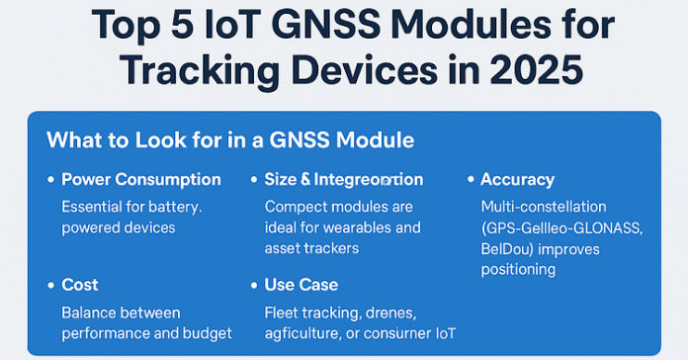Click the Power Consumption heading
coord(141,180)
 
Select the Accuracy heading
coord(517,180)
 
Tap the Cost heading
coord(80,285)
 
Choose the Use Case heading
coord(301,285)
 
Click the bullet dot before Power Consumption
coord(50,181)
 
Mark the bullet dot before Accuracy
coord(470,181)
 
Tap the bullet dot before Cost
coord(50,286)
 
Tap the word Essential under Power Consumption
coord(95,207)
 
